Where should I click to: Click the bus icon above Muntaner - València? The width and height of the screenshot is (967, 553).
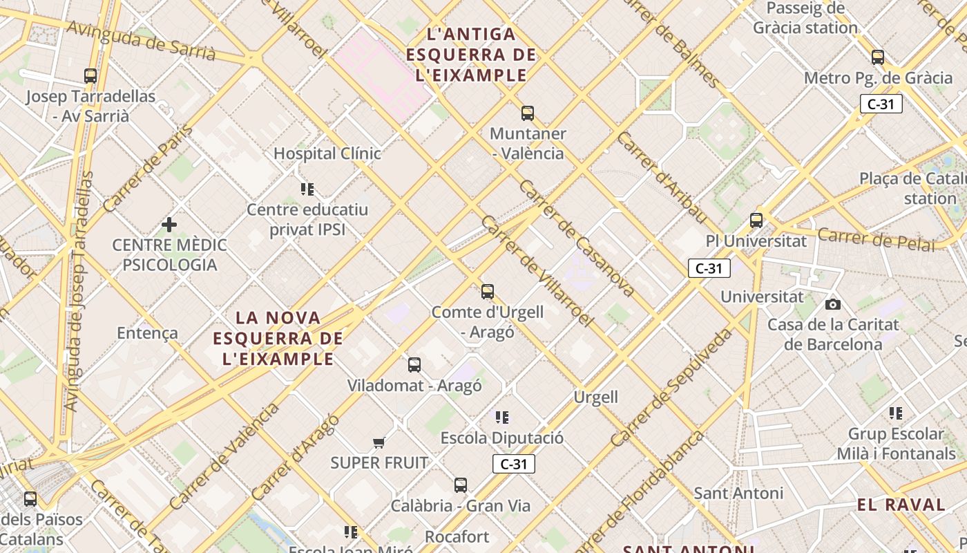click(x=528, y=113)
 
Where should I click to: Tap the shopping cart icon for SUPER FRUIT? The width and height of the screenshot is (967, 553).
click(x=379, y=442)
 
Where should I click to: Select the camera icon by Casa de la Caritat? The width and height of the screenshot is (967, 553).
click(x=833, y=304)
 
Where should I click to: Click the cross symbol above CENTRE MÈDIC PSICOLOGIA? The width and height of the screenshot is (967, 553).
click(x=169, y=224)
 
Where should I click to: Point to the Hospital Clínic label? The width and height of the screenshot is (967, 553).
click(x=327, y=153)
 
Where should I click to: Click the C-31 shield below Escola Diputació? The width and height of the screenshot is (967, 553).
click(x=514, y=464)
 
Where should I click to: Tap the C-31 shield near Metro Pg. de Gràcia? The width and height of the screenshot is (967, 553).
click(x=881, y=104)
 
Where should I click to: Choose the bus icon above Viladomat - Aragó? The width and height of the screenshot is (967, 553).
click(x=414, y=365)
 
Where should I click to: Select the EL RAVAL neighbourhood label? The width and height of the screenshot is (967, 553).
click(x=901, y=505)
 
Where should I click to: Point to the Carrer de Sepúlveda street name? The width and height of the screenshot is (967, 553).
click(x=671, y=387)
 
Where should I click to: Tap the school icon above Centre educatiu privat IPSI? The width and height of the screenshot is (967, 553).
click(x=307, y=189)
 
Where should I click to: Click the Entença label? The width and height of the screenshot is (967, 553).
click(x=147, y=333)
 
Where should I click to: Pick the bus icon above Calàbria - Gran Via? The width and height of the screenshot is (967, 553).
click(x=461, y=485)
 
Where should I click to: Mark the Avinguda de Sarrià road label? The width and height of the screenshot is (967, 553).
click(x=142, y=40)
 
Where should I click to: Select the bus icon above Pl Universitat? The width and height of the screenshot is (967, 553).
click(x=756, y=221)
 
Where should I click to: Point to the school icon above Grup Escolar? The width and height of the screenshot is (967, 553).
click(x=896, y=413)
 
